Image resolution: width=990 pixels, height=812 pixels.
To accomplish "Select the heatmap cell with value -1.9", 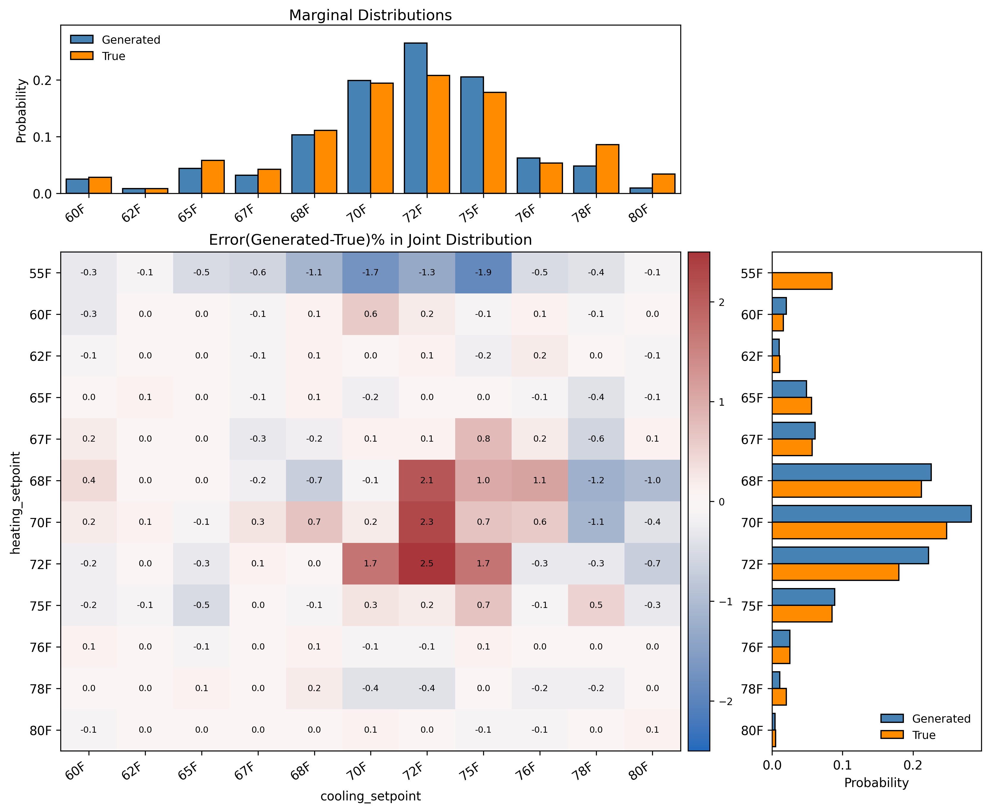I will tap(483, 272).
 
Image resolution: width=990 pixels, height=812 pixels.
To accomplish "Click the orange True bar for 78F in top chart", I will tap(607, 168).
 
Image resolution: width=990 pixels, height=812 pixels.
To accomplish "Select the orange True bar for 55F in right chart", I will tap(801, 281).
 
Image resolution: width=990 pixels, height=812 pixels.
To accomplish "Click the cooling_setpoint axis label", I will tap(370, 796).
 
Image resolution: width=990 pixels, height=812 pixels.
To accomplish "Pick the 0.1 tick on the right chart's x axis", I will tap(842, 765).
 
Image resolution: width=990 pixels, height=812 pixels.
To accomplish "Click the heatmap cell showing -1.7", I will tap(370, 272).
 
